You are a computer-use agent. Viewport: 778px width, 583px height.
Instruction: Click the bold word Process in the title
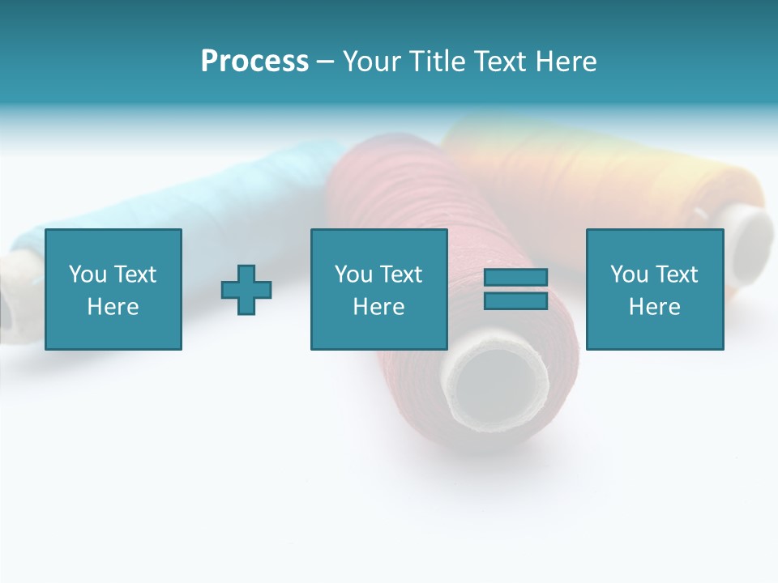[254, 62]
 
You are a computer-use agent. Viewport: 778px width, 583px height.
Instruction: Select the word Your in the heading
[374, 62]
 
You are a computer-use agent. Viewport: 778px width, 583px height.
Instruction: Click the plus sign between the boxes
[246, 290]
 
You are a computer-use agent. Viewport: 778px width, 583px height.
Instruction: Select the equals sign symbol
[515, 289]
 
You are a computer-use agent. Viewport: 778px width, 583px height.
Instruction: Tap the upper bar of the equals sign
[515, 278]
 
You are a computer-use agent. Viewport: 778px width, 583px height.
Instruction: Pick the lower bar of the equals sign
[515, 301]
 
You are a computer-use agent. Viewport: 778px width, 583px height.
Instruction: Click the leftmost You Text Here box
[113, 289]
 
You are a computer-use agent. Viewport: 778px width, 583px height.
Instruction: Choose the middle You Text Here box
[379, 289]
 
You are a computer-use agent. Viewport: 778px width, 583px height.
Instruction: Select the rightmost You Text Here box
[655, 289]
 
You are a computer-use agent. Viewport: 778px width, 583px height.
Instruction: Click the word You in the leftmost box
[88, 274]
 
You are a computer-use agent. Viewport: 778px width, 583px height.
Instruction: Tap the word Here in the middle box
[379, 307]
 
